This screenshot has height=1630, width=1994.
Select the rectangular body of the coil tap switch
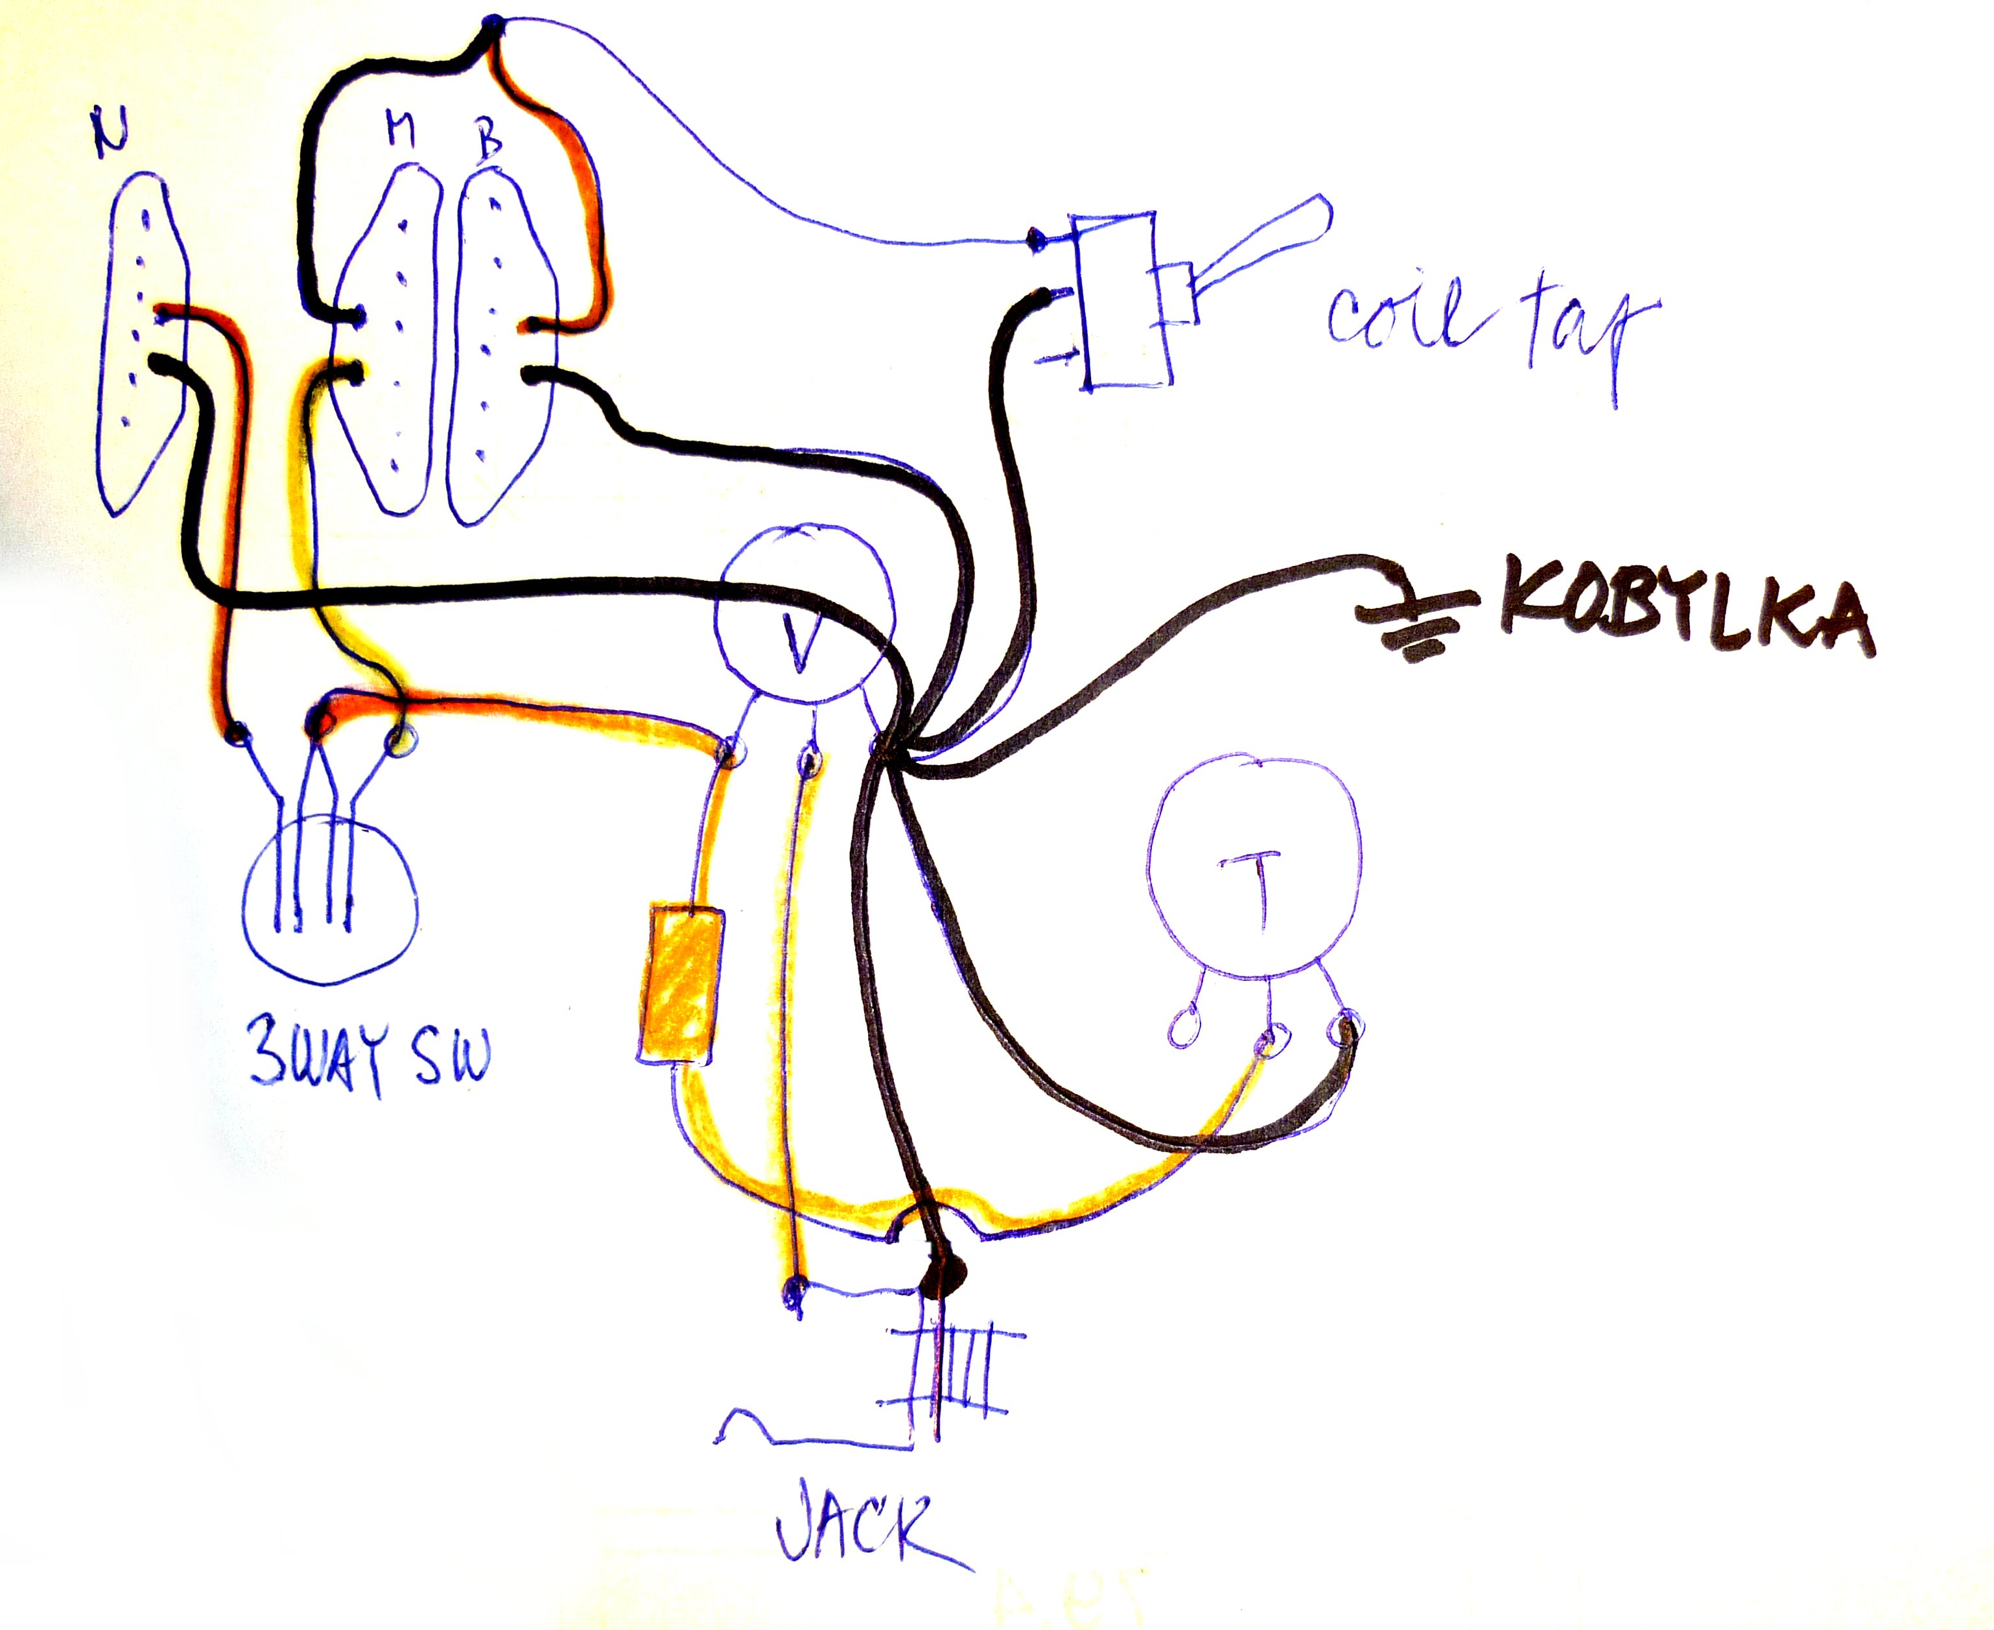[x=1122, y=300]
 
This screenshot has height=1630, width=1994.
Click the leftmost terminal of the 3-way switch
[x=237, y=733]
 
